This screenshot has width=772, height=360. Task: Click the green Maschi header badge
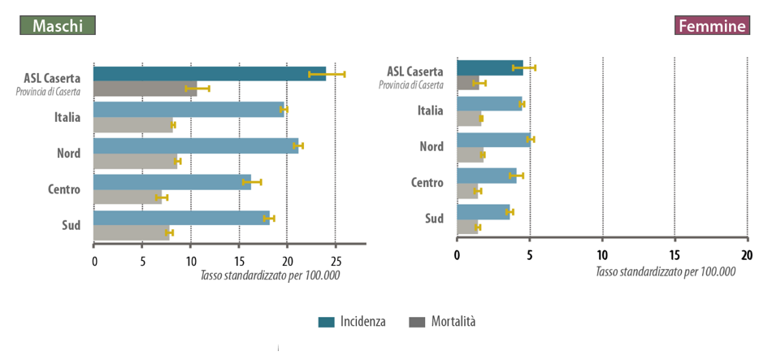[58, 26]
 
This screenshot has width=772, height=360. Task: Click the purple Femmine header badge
[712, 26]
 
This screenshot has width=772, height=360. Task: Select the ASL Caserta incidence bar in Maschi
[210, 74]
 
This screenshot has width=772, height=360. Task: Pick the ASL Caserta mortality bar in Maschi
[145, 89]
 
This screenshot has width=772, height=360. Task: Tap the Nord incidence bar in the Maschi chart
[196, 146]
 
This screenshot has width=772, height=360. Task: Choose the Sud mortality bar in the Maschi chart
[132, 233]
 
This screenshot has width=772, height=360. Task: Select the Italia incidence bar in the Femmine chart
[489, 104]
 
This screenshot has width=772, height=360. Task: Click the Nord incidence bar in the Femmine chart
[493, 140]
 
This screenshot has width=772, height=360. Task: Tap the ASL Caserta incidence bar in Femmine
[490, 67]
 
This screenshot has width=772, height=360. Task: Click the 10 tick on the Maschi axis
[191, 261]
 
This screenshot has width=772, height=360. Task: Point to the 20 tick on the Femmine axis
[747, 256]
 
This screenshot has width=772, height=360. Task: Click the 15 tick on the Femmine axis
[674, 256]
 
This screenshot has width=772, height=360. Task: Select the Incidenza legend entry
[352, 322]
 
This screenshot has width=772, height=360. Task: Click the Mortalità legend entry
[442, 322]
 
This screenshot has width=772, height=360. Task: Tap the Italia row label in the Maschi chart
[67, 118]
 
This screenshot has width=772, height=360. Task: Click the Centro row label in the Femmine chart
[427, 183]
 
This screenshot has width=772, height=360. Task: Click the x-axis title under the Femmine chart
[666, 272]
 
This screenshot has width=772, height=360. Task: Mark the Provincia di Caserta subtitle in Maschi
[48, 91]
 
